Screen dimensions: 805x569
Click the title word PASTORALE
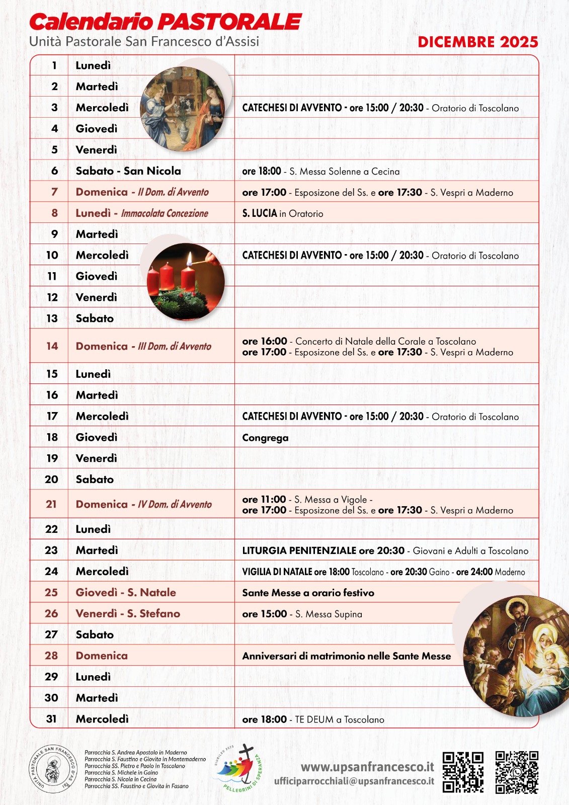[x=230, y=22]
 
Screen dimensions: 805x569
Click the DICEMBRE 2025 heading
[x=477, y=42]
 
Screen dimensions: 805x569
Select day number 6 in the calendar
[x=54, y=171]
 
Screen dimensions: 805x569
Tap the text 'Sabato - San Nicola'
[x=128, y=171]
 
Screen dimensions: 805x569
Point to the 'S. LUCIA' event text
[x=260, y=213]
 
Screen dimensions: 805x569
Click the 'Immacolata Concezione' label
[x=165, y=213]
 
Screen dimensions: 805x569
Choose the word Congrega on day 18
[x=265, y=438]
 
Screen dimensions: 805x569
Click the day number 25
[x=51, y=593]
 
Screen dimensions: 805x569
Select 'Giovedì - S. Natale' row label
[x=126, y=593]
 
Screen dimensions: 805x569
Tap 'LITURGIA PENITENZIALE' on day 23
[x=299, y=551]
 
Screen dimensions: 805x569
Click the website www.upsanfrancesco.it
[x=367, y=767]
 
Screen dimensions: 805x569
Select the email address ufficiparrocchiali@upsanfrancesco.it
[x=354, y=781]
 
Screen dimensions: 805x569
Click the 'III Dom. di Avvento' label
[x=175, y=347]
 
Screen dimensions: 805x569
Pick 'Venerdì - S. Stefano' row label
[x=128, y=614]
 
